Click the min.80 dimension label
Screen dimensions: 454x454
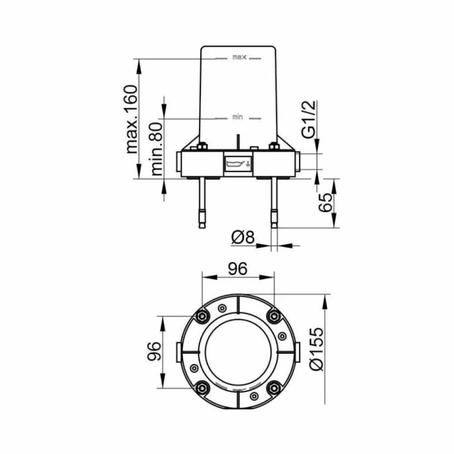coord(157,148)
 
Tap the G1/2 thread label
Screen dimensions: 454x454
coord(309,119)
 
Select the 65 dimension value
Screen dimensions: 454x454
coord(325,203)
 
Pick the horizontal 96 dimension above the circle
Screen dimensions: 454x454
coord(237,269)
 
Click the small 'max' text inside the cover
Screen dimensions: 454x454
coord(239,57)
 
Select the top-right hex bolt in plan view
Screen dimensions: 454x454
coord(274,315)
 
